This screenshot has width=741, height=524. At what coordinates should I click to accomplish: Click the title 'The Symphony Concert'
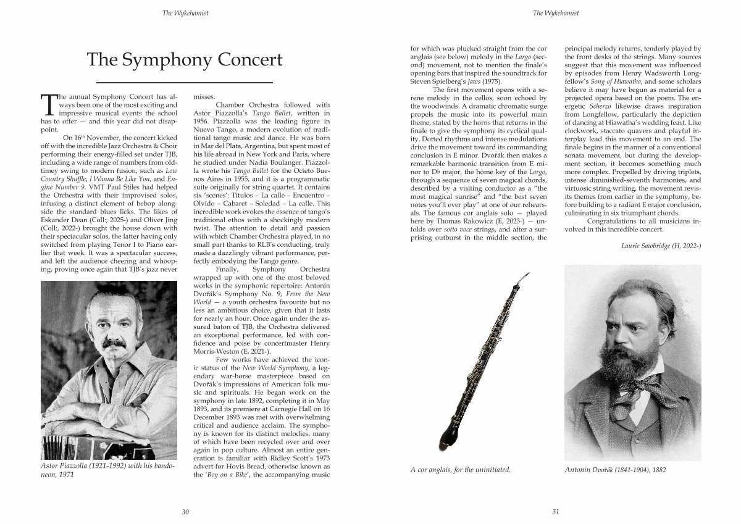[x=185, y=60]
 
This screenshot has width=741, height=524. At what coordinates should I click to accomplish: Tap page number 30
[x=185, y=512]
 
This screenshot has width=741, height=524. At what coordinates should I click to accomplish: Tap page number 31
[x=555, y=512]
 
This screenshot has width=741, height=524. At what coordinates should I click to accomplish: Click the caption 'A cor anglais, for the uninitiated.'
[x=460, y=470]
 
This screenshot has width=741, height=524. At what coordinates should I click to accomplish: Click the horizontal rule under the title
[x=185, y=82]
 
